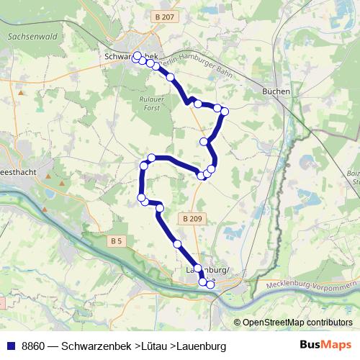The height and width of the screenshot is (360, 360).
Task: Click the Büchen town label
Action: point(276,91)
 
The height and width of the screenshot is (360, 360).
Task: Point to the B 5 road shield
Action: point(118,240)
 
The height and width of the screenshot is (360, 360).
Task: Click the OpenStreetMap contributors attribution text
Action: point(297,323)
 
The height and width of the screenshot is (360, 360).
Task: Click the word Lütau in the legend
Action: point(156,346)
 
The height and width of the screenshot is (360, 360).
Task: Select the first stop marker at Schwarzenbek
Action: point(138,55)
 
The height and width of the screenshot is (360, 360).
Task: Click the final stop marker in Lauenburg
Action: point(210,284)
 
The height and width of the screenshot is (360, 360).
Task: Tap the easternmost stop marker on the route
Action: point(225,111)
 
